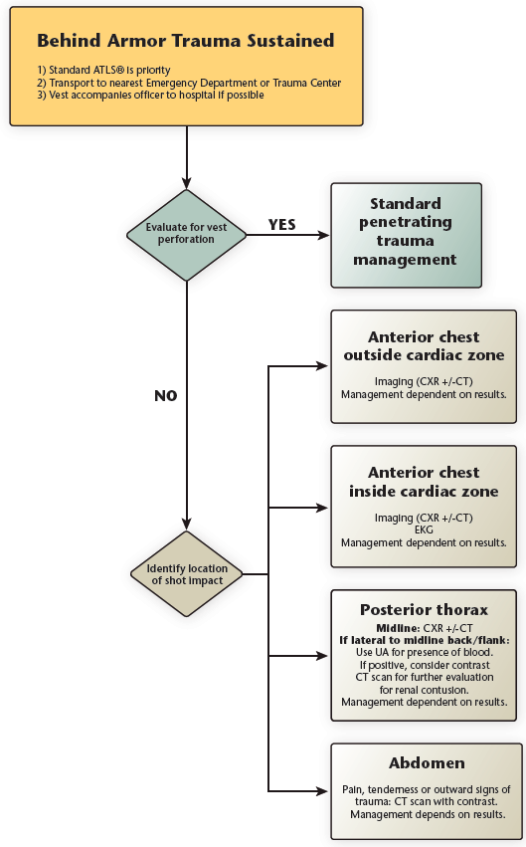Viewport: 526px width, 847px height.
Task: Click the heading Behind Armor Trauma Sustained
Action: coord(185,41)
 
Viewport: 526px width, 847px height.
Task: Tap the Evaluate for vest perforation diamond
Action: coord(186,234)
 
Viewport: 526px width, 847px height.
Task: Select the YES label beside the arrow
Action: coord(282,225)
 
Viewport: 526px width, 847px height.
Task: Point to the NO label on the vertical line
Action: coord(165,395)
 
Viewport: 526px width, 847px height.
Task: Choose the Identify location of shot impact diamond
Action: coord(186,573)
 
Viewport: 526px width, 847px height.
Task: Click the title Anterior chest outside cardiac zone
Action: coord(424,346)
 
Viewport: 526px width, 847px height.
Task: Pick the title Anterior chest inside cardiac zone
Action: coord(424,482)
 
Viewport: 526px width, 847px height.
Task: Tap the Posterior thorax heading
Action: coord(424,608)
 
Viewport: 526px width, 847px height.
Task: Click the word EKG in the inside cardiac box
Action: coord(424,530)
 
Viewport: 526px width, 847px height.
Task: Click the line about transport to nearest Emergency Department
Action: coord(189,83)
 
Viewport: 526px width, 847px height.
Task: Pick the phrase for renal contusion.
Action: coord(424,689)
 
